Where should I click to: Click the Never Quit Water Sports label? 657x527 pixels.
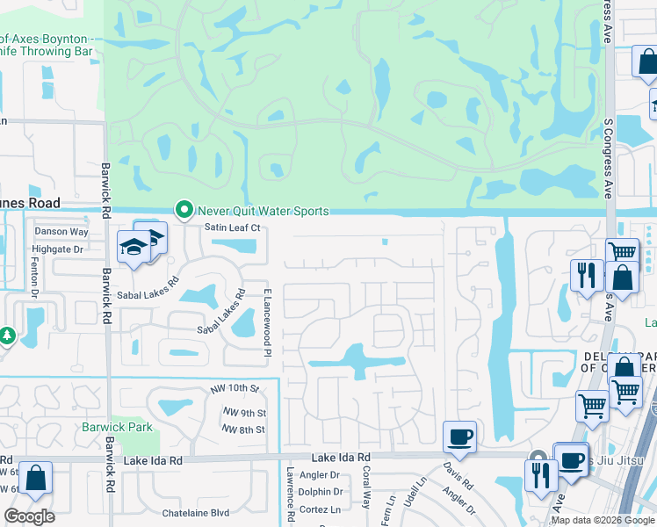click(x=263, y=211)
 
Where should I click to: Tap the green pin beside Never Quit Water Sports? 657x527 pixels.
click(x=184, y=210)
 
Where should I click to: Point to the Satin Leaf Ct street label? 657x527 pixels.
click(x=233, y=228)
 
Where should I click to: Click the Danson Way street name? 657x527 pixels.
click(x=61, y=232)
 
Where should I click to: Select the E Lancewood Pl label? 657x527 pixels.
click(x=265, y=321)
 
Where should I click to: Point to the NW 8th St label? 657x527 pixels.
click(x=243, y=430)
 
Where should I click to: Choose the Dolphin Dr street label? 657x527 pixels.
click(x=320, y=493)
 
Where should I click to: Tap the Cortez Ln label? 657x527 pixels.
click(x=320, y=509)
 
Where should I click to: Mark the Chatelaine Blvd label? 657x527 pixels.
click(x=195, y=513)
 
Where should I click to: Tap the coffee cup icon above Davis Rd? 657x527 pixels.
click(x=458, y=436)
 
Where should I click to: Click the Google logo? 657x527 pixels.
click(x=30, y=516)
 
